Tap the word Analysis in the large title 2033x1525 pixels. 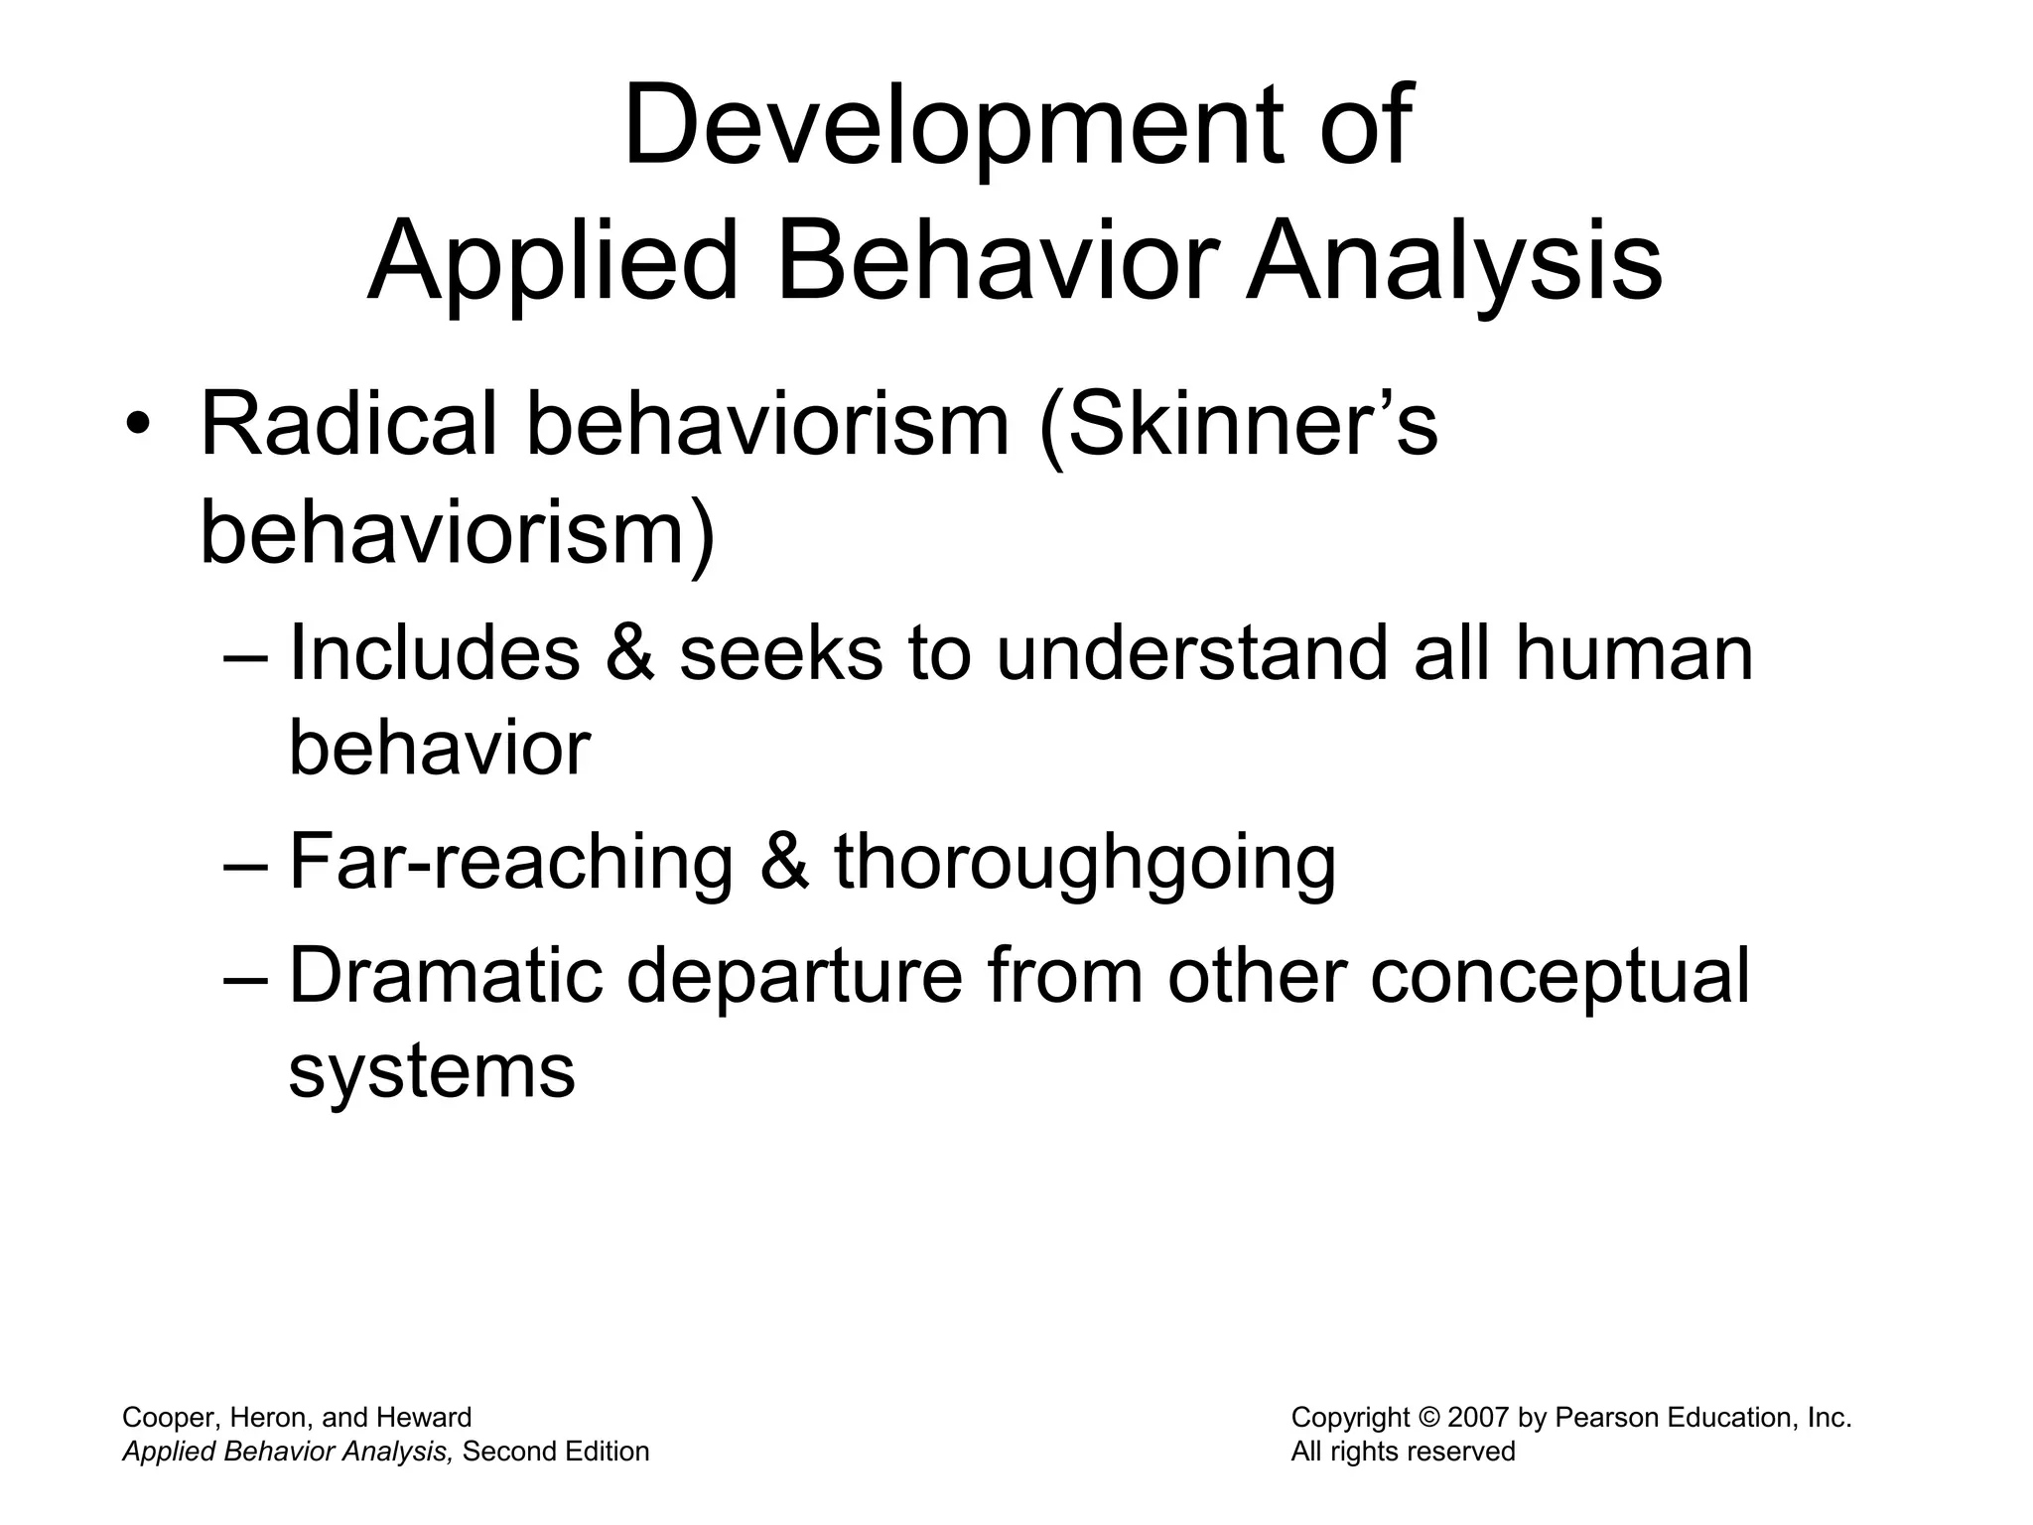click(x=1454, y=263)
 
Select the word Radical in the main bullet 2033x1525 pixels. click(x=348, y=425)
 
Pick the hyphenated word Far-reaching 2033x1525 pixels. click(x=510, y=862)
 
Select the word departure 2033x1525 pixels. click(x=794, y=977)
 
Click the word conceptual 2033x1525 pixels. click(x=1559, y=977)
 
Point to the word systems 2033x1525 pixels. click(x=432, y=1072)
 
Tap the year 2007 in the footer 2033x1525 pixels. click(x=1480, y=1418)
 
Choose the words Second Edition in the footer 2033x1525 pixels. click(x=556, y=1452)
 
